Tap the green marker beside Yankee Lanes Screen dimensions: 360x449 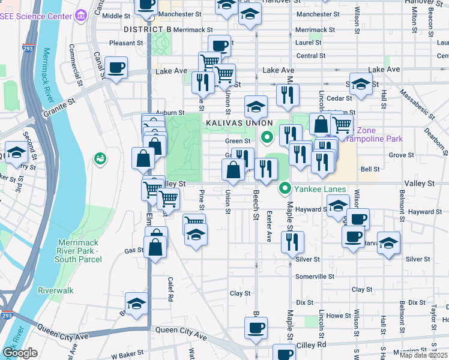(x=286, y=189)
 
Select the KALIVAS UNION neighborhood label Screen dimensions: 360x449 (x=238, y=122)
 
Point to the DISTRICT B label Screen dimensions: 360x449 (x=148, y=29)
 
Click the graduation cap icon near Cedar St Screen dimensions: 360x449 (x=361, y=85)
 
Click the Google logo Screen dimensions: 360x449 (x=20, y=353)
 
